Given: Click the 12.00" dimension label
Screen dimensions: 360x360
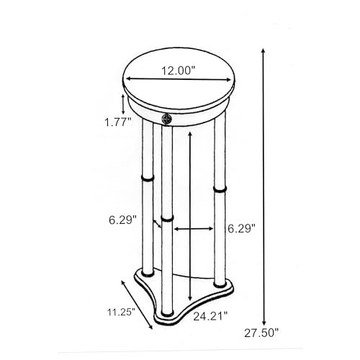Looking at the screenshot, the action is [178, 71].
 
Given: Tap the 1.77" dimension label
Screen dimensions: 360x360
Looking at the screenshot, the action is [117, 122].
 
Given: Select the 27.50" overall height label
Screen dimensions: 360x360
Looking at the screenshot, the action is [261, 333].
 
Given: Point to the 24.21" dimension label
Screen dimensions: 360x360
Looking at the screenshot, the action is [210, 316].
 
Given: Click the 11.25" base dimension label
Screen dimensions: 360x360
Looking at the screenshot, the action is [121, 312].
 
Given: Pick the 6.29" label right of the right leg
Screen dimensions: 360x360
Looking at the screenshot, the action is [241, 229].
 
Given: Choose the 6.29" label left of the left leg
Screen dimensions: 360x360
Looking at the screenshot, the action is [122, 220].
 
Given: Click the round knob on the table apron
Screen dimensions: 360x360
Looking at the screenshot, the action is [167, 119].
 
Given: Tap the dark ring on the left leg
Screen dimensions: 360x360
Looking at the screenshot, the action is [148, 179].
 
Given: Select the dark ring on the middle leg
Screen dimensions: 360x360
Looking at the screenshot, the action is [167, 219].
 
